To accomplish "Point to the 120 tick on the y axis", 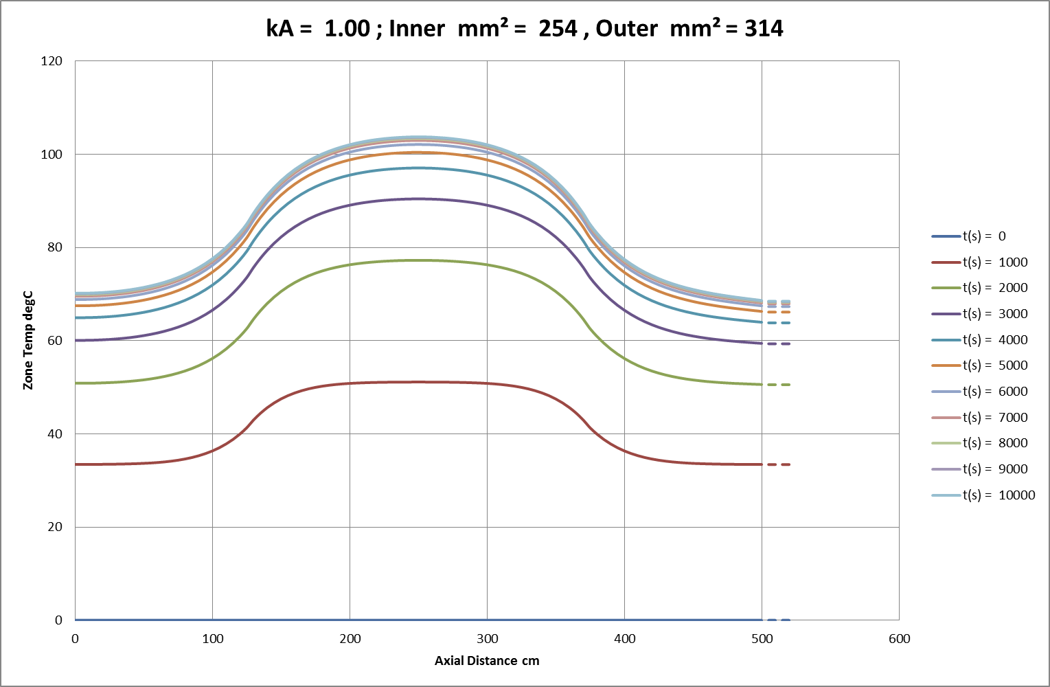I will (x=52, y=61).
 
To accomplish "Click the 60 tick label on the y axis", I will (x=55, y=341).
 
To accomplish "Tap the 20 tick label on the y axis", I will (x=55, y=527).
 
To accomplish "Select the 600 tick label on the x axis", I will (x=899, y=639).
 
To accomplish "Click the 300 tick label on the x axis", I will (x=487, y=639).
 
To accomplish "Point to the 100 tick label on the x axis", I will (x=212, y=639).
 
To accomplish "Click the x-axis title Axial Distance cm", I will (x=487, y=661).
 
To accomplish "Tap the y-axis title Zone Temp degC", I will (x=28, y=341).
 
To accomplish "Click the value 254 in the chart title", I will (x=558, y=29).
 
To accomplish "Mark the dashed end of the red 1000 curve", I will (x=779, y=465).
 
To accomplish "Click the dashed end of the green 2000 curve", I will (x=779, y=385).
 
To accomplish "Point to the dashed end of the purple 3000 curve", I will (x=779, y=343).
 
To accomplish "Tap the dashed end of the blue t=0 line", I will (x=779, y=620).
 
